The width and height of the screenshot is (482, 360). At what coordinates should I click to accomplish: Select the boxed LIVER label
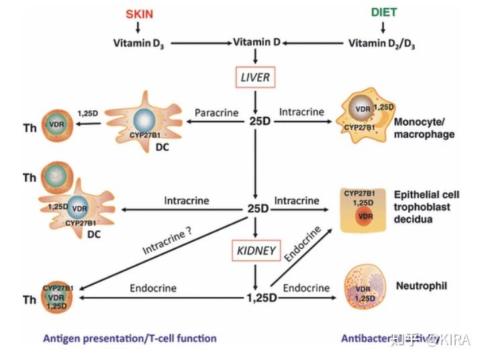point(256,78)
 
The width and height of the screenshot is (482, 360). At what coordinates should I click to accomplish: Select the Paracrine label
point(217,113)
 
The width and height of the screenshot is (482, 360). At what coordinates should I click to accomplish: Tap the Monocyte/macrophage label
point(424,128)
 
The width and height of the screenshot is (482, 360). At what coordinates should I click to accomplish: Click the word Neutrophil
point(426,286)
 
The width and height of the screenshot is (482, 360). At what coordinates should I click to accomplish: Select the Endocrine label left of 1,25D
point(154,288)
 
